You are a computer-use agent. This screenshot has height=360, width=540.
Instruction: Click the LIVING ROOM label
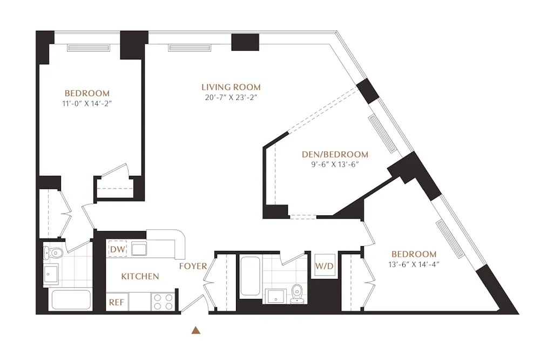click(x=231, y=87)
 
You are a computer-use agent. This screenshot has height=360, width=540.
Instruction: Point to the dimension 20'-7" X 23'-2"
click(x=231, y=98)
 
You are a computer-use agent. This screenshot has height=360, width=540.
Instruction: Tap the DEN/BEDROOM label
click(x=334, y=154)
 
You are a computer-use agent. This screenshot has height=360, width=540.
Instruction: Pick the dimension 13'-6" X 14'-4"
click(x=414, y=264)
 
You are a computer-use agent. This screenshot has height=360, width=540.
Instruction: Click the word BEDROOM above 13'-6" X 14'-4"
click(x=414, y=254)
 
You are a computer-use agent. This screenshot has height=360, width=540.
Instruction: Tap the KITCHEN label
click(x=140, y=276)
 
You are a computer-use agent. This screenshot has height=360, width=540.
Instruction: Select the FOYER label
click(x=192, y=266)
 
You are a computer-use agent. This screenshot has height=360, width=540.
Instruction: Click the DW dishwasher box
click(x=117, y=249)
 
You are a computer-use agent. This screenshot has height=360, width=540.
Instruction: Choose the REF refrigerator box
click(x=117, y=303)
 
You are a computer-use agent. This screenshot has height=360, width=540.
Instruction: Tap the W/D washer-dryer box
click(x=325, y=266)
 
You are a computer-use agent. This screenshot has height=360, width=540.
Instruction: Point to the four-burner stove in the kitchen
click(x=163, y=302)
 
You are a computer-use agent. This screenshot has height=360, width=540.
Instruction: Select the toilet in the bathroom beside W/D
click(x=296, y=294)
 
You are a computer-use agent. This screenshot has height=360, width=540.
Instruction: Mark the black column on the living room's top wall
click(x=245, y=42)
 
